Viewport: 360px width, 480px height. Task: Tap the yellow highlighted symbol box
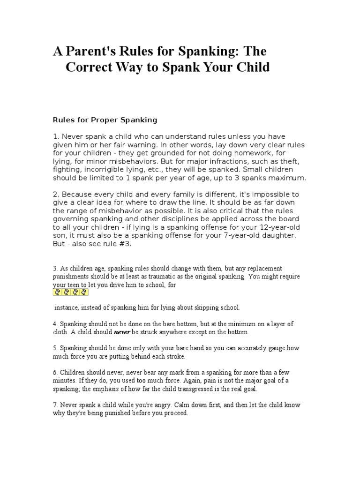tap(70, 292)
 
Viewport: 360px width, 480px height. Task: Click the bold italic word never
tap(122, 332)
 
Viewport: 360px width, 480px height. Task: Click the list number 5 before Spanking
tap(54, 348)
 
